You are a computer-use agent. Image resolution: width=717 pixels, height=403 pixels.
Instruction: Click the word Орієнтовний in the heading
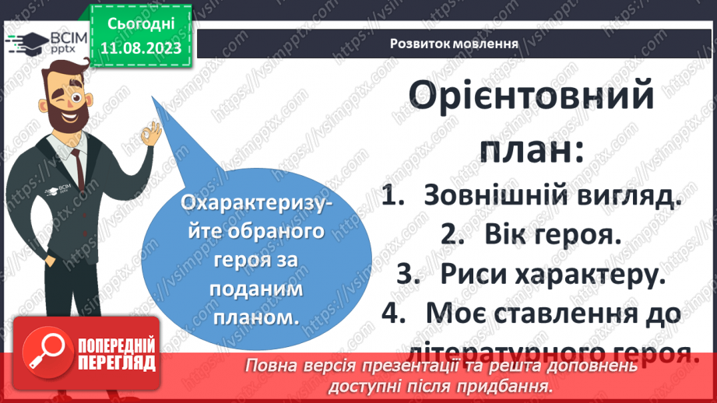pyautogui.click(x=531, y=99)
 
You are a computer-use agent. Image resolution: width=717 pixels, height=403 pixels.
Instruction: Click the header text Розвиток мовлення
pyautogui.click(x=455, y=42)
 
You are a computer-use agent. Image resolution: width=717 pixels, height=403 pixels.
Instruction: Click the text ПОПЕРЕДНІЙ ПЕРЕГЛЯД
pyautogui.click(x=114, y=354)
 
